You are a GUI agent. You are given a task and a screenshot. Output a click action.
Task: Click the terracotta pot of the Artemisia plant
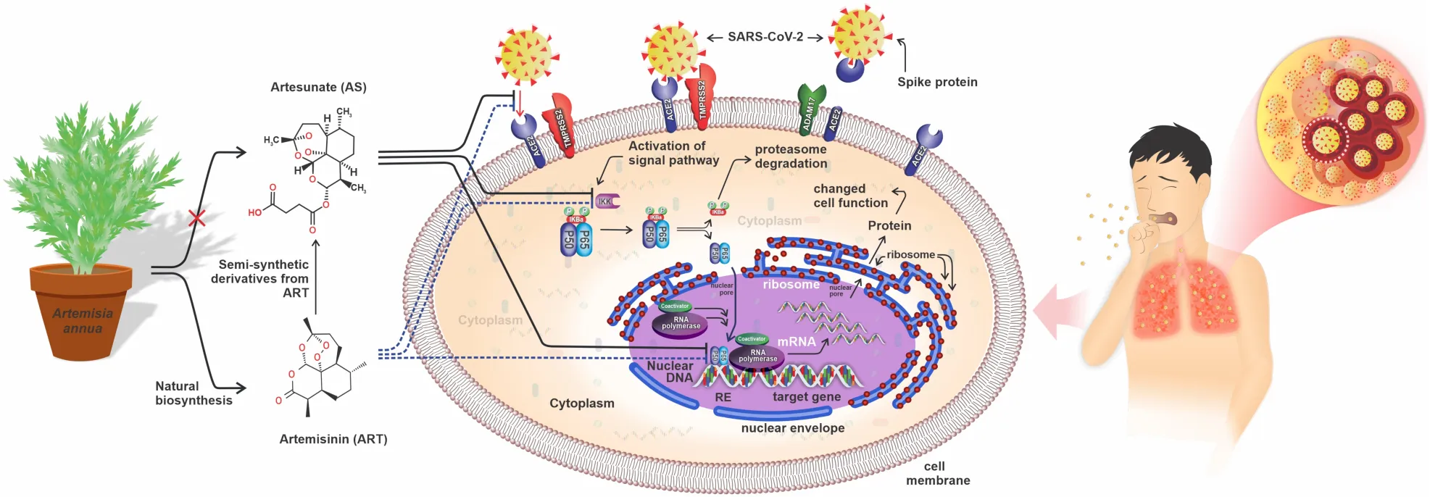coord(81,312)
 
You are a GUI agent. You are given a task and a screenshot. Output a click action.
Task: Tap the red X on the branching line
coord(196,217)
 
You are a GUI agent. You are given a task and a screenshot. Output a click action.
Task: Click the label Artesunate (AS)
coord(318,87)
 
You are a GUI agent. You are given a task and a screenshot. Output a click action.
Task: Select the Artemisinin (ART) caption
coord(333,439)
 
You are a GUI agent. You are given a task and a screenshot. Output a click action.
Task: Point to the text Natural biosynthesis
coord(194,393)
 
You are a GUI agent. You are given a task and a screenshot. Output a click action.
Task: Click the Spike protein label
coord(937,82)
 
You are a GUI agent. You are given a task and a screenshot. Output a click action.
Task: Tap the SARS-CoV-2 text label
coord(765,37)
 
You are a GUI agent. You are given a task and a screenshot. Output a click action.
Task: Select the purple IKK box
coord(606,201)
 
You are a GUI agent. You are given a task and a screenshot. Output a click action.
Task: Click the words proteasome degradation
coord(791,156)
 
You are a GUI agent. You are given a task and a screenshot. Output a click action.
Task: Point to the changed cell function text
coord(850,196)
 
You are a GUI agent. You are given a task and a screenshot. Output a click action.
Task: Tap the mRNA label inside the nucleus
coord(797,341)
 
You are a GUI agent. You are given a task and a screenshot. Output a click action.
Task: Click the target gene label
coord(807,397)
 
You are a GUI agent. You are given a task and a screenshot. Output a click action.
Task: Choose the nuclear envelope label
coord(793,428)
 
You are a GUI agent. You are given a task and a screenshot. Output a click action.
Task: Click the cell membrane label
coord(937,473)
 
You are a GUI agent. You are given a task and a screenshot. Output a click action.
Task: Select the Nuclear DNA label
coord(670,372)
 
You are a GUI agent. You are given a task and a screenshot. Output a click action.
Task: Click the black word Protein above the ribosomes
coord(889,225)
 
